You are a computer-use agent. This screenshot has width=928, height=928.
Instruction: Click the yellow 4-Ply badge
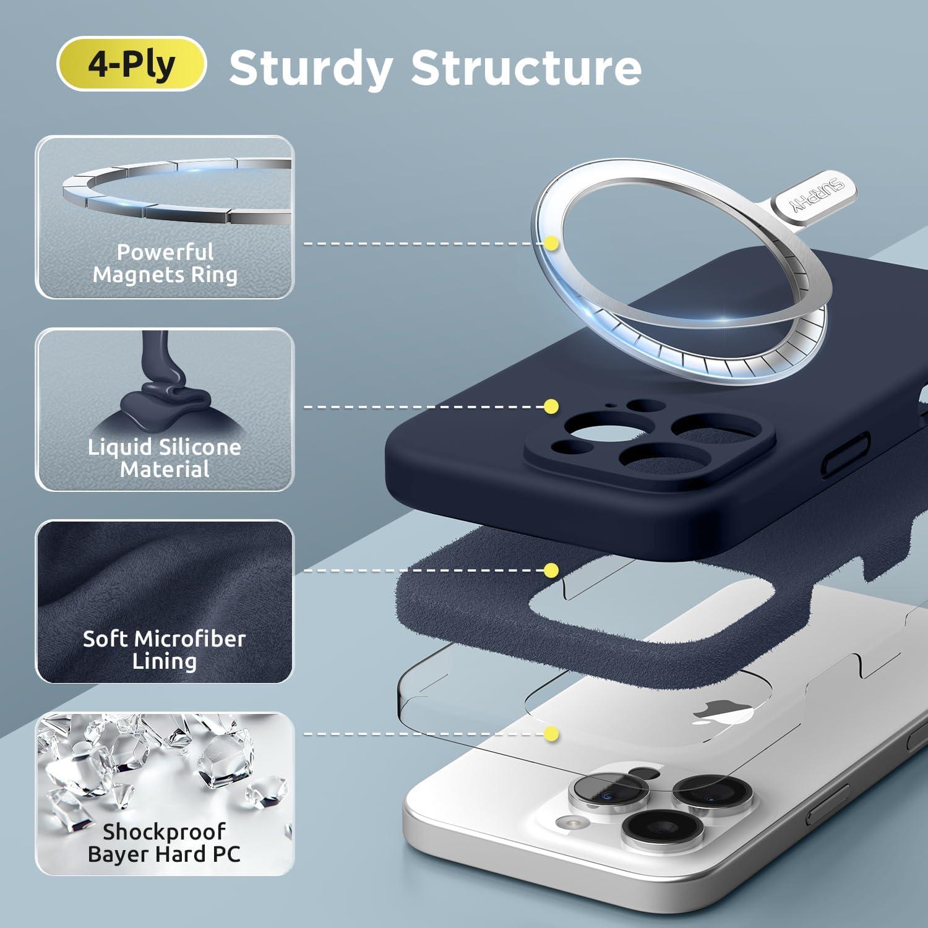(x=131, y=64)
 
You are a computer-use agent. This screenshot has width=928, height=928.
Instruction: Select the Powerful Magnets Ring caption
(x=165, y=263)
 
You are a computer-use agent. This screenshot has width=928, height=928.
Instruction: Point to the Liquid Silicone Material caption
(x=165, y=458)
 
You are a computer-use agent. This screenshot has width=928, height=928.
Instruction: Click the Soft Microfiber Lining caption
(x=165, y=650)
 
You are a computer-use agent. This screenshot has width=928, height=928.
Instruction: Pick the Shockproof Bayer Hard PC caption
(x=165, y=843)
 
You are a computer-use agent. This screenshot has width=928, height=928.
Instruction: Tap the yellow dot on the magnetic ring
(x=552, y=244)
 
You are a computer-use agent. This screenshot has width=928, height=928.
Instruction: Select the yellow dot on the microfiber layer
(x=552, y=570)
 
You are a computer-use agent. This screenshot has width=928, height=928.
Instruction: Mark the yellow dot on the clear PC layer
(x=552, y=734)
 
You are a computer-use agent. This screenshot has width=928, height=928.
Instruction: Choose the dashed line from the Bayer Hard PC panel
(x=423, y=734)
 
